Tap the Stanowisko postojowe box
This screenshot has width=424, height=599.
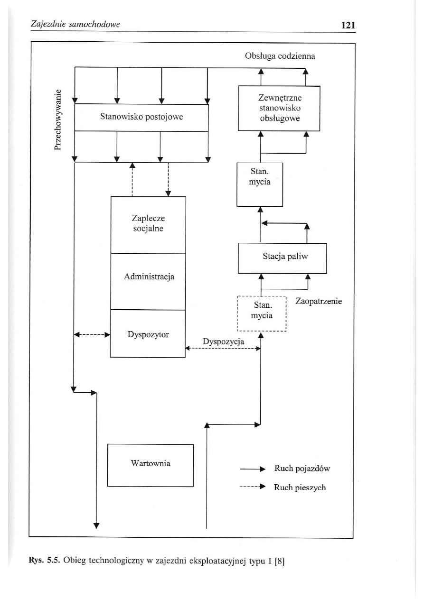pyautogui.click(x=141, y=117)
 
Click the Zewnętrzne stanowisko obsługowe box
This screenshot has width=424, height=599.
pyautogui.click(x=280, y=109)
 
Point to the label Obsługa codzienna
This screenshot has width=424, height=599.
pyautogui.click(x=280, y=55)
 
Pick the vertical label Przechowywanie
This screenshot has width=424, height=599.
pyautogui.click(x=58, y=120)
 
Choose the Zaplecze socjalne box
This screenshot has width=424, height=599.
pyautogui.click(x=148, y=224)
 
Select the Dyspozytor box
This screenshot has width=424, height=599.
pyautogui.click(x=148, y=333)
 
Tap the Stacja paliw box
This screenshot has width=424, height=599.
pyautogui.click(x=283, y=258)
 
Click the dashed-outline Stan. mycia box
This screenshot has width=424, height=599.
pyautogui.click(x=262, y=313)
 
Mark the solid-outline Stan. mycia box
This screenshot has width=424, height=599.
pyautogui.click(x=260, y=184)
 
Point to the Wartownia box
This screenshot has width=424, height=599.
pyautogui.click(x=151, y=465)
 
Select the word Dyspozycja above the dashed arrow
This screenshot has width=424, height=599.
pyautogui.click(x=223, y=341)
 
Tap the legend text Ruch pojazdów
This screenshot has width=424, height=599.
pyautogui.click(x=302, y=469)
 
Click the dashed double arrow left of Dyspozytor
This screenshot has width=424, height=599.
pyautogui.click(x=92, y=334)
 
